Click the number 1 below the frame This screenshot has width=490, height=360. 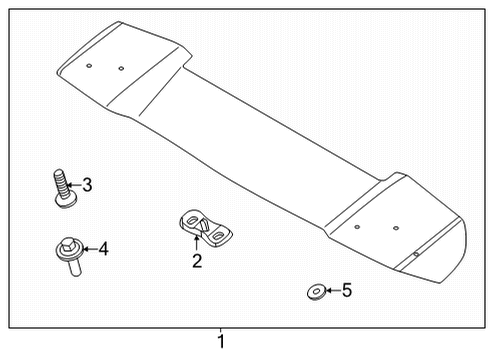coord(222,343)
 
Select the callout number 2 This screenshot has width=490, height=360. coord(197,262)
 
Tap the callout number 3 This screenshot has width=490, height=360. coord(87,185)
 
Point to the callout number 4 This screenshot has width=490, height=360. coord(102,249)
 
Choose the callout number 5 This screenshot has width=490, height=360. coord(347,291)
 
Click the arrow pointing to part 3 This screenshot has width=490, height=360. coord(73,185)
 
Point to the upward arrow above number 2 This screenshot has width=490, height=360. coord(196,243)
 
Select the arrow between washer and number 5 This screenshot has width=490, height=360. coord(331,291)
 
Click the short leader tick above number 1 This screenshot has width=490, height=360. coord(222,330)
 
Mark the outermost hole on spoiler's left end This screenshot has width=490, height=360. coord(89,65)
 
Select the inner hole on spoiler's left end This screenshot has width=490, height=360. coord(121,69)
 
